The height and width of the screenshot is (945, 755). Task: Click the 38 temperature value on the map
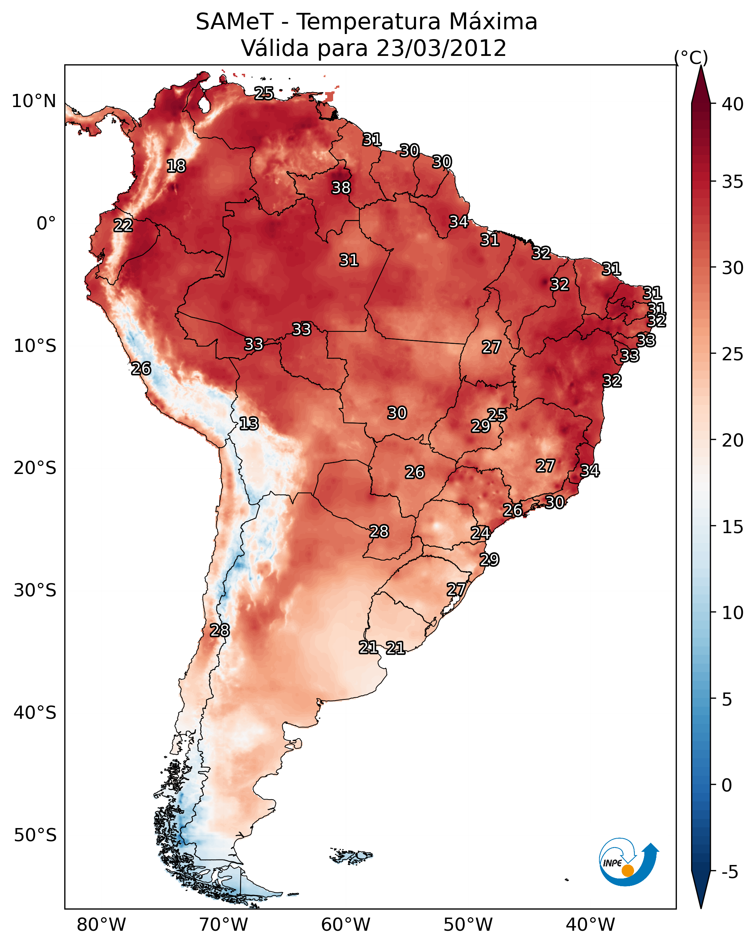341,187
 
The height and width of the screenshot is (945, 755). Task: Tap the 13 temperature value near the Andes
249,424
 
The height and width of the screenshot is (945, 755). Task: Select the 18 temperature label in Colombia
176,166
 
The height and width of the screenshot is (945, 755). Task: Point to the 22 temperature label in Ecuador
123,225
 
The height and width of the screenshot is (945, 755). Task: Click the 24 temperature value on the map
480,533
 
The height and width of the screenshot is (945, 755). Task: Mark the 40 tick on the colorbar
733,104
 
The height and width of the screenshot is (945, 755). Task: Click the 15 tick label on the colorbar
733,527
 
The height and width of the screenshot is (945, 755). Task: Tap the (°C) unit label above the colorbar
691,57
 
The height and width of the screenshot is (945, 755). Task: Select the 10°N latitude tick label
34,101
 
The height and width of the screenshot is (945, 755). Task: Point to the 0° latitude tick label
46,224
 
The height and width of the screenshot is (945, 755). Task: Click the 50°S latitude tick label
35,835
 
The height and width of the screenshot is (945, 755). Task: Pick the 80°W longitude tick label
101,925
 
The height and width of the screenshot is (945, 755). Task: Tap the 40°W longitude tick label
590,925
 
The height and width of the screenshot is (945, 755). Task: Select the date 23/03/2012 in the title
441,48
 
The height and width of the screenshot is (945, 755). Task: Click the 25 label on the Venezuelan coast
264,93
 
